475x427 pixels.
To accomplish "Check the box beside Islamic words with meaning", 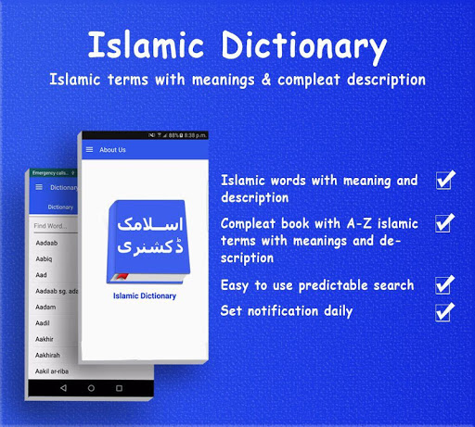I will click(x=444, y=180).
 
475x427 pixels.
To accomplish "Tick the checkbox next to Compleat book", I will click(x=444, y=222).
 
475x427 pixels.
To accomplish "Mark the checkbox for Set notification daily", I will click(x=444, y=310).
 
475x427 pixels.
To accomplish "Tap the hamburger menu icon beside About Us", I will click(x=89, y=149).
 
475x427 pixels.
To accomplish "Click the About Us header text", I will click(x=112, y=149).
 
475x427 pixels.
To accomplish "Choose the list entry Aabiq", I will click(x=44, y=260).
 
